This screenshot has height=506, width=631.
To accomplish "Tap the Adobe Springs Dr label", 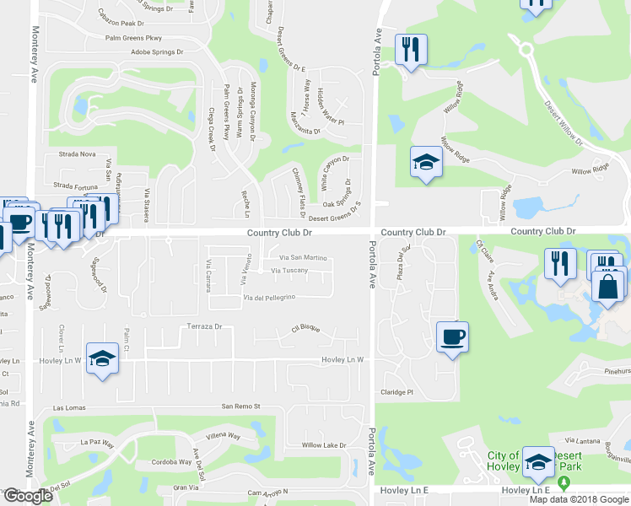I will pos(158,51).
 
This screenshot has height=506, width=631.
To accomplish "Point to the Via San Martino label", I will pos(302,257).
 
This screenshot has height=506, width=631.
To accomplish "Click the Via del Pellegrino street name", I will pos(269,298).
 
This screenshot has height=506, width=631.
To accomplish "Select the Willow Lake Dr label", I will pos(324,444).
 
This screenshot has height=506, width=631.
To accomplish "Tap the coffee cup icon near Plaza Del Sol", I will pos(452,337).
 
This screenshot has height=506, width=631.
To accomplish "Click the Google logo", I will pos(28,496).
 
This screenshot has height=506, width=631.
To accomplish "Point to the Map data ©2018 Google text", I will pos(579,499).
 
